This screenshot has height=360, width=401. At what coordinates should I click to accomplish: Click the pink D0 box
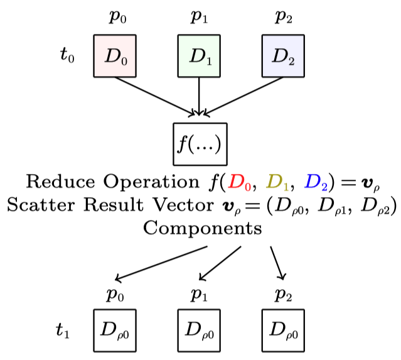point(115,56)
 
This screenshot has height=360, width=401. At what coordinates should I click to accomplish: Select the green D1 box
point(199,56)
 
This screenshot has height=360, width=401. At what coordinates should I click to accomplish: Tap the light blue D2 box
point(283,56)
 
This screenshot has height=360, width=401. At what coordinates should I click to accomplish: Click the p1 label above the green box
point(199,16)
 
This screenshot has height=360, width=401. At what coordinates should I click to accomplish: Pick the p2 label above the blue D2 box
point(284,16)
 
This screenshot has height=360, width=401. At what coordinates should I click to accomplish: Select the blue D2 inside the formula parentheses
point(314,183)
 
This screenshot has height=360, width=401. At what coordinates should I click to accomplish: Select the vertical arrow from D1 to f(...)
point(199,96)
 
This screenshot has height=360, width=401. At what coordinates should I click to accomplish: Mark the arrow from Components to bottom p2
point(278,263)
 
